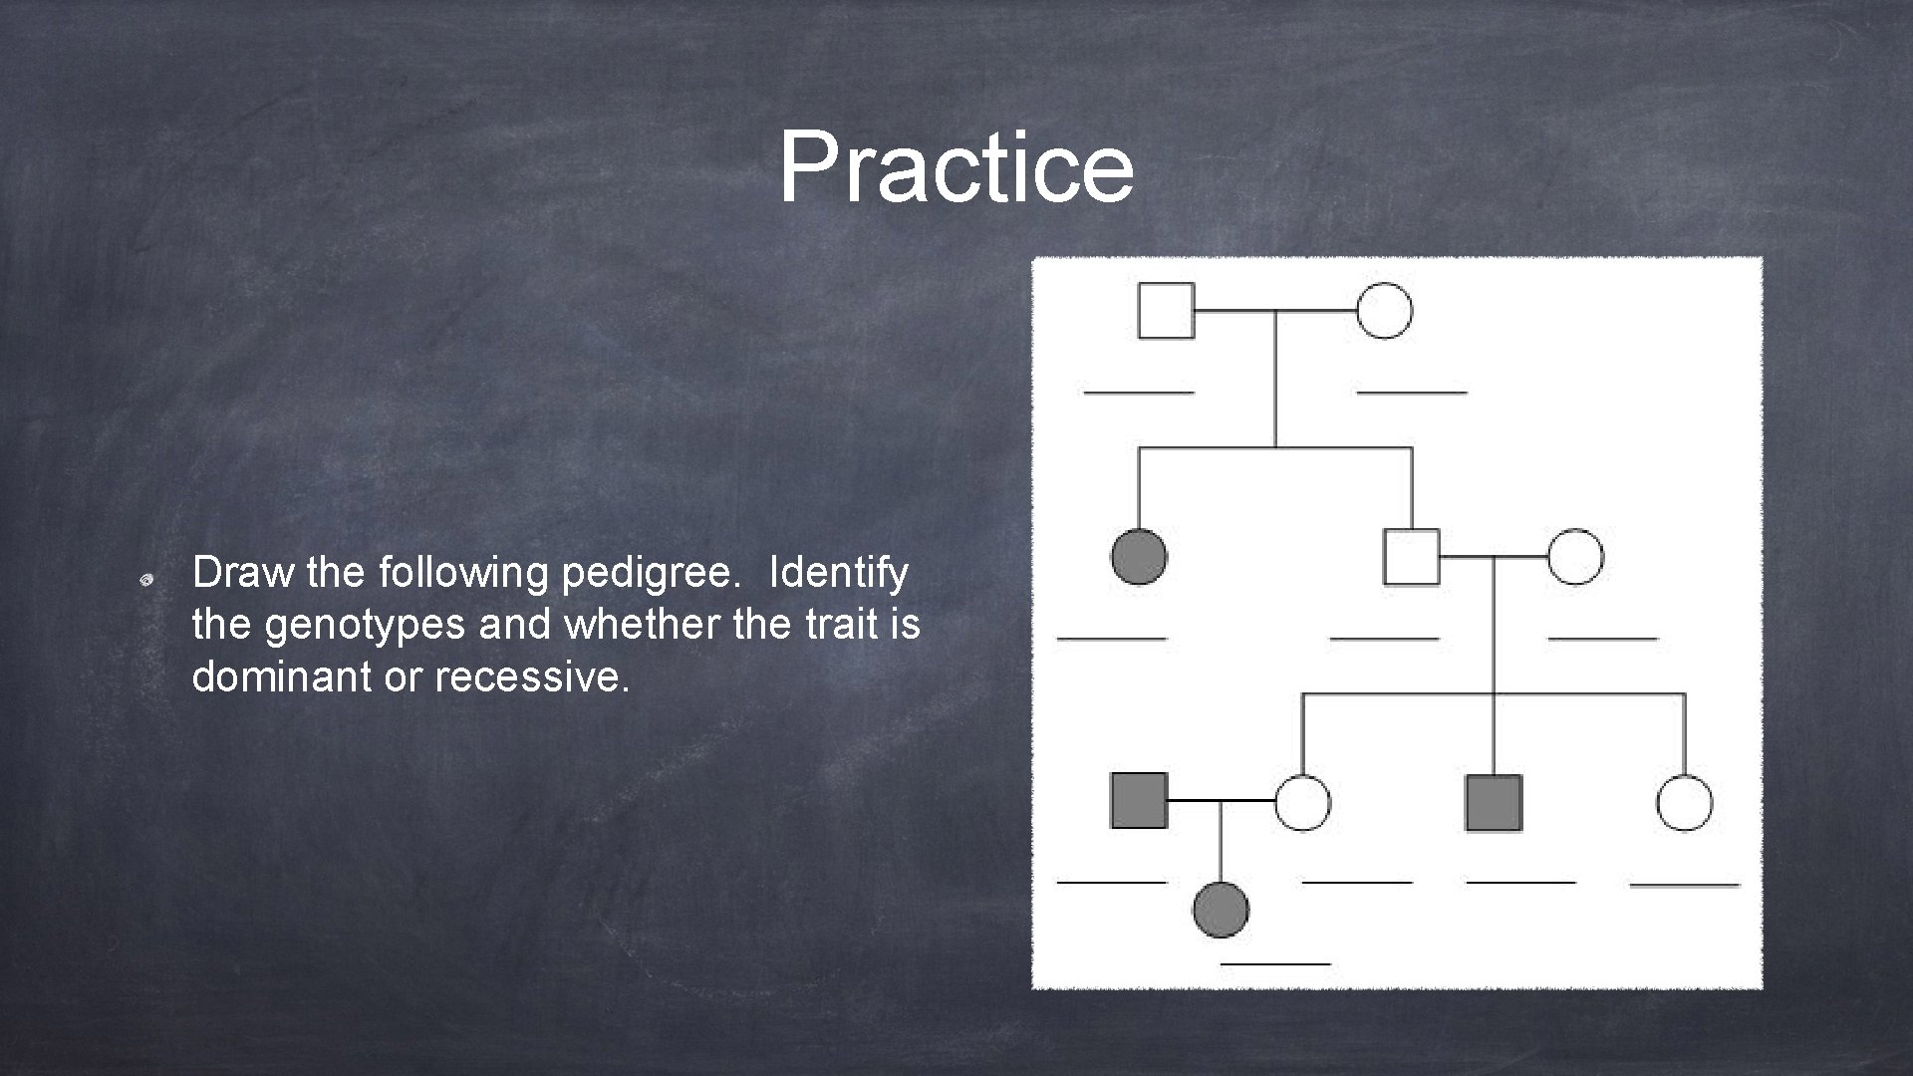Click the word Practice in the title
click(x=956, y=166)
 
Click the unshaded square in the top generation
click(x=1166, y=311)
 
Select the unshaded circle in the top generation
click(x=1384, y=311)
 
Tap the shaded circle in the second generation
click(x=1139, y=556)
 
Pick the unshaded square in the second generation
click(x=1411, y=556)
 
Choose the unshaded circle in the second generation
click(x=1575, y=556)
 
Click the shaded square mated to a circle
click(x=1139, y=801)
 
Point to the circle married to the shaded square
click(x=1302, y=802)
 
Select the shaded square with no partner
click(x=1494, y=802)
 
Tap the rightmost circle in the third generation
click(x=1684, y=802)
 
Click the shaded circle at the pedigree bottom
click(x=1221, y=910)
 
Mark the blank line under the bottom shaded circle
click(x=1275, y=963)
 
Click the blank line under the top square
click(x=1139, y=393)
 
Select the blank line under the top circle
click(x=1412, y=393)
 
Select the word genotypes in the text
click(x=366, y=625)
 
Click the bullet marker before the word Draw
click(x=145, y=578)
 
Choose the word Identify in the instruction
click(x=838, y=574)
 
